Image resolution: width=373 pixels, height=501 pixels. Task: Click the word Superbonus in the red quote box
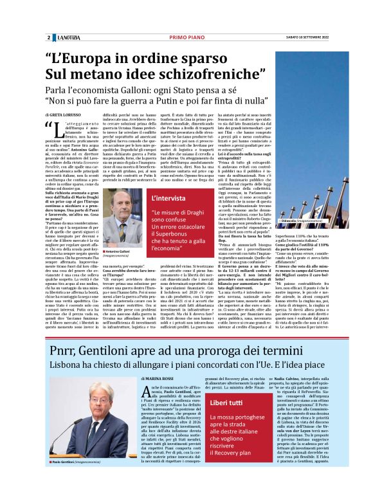[x=170, y=239]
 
